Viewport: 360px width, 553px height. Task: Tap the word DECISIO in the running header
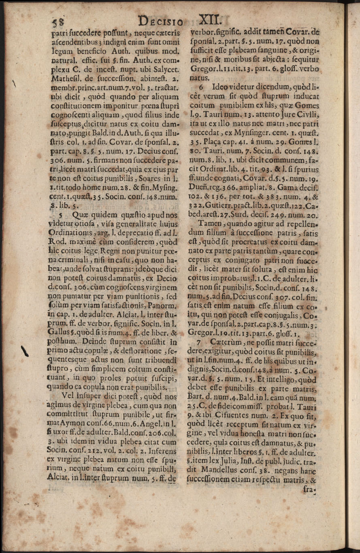[x=161, y=20]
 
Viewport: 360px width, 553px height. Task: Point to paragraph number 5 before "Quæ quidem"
[x=60, y=212]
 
